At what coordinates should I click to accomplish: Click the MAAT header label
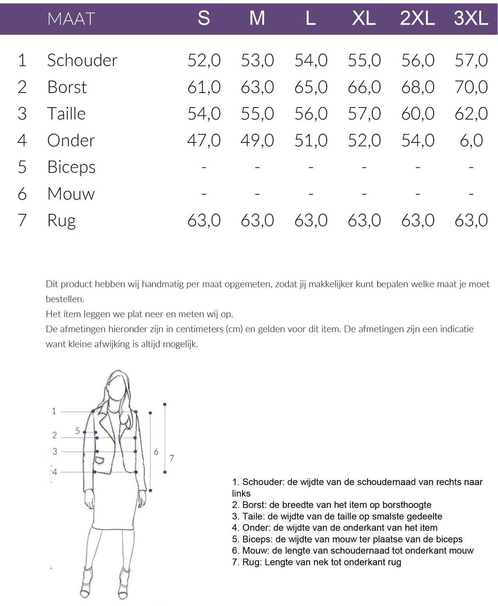pos(71,19)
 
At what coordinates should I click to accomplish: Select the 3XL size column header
pos(471,19)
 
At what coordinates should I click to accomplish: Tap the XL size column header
pos(364,19)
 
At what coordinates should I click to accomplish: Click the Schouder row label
pos(82,61)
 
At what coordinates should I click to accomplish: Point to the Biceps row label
pos(71,167)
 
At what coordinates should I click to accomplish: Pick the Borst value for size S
pos(204,87)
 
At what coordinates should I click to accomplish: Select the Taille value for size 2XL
pos(417,114)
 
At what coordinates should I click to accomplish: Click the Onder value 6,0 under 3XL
pos(471,141)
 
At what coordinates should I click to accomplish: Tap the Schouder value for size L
pos(311,61)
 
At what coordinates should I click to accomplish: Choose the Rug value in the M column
pos(257,220)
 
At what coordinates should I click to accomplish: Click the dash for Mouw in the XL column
pos(364,194)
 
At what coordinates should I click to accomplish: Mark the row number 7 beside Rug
pos(22,220)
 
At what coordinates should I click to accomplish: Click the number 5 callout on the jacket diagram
pos(78,431)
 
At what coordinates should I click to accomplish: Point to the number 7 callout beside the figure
pos(172,458)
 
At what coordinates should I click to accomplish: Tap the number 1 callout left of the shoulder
pos(54,411)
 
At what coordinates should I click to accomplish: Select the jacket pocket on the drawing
pos(100,460)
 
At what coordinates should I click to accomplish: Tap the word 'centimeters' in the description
pos(200,329)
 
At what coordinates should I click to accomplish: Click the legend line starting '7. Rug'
pos(317,562)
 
